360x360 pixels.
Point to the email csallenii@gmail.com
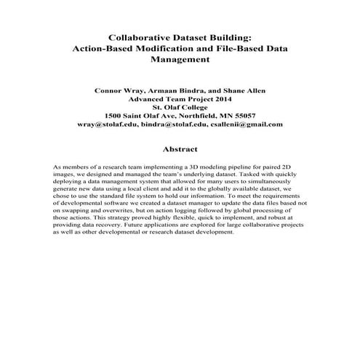(x=245, y=124)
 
